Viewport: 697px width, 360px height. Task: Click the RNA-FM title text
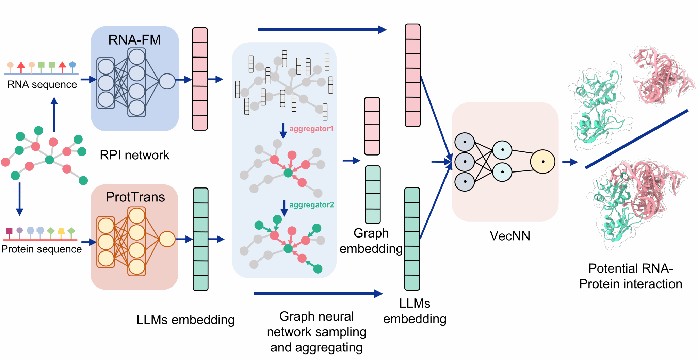tap(134, 40)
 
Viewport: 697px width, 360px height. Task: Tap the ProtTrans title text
tap(135, 197)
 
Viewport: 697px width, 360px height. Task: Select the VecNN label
tap(510, 236)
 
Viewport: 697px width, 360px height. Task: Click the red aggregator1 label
tap(311, 129)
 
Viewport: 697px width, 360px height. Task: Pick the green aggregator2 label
tap(311, 205)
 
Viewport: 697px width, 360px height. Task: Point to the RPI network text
tap(134, 155)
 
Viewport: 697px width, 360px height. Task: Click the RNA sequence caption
tap(42, 84)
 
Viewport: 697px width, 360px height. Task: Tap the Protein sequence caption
tap(42, 249)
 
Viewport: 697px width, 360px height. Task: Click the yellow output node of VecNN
tap(542, 162)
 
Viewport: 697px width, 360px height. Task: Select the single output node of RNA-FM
tap(167, 81)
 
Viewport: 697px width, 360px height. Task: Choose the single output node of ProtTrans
tap(167, 239)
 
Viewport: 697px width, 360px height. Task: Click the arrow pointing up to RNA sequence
tap(54, 114)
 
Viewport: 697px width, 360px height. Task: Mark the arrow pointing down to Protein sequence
tap(20, 199)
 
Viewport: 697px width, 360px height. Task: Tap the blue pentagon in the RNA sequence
tap(72, 64)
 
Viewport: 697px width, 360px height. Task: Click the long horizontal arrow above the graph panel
tap(322, 30)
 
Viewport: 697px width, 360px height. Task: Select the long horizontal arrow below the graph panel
tap(318, 294)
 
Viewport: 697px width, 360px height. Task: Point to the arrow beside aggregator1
tap(283, 131)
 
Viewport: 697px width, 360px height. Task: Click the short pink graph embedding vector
tap(372, 126)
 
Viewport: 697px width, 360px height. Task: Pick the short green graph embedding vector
tap(373, 195)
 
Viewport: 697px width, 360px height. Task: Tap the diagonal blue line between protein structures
tap(636, 139)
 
